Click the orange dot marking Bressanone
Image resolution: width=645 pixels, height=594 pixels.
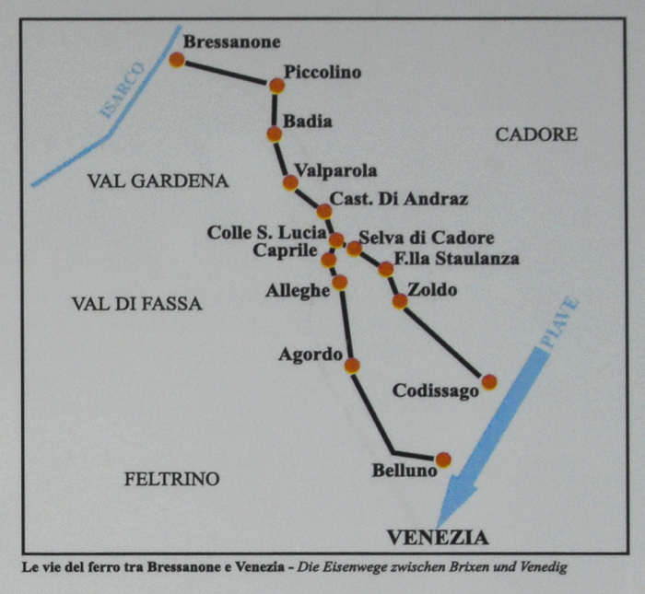(177, 60)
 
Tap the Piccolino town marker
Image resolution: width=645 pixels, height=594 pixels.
(276, 86)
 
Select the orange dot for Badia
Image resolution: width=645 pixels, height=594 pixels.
(274, 134)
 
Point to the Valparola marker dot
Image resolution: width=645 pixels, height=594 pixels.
(290, 182)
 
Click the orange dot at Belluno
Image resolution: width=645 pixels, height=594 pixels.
(443, 460)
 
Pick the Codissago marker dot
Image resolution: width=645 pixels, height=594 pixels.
(489, 381)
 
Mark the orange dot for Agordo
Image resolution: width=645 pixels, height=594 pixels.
(351, 366)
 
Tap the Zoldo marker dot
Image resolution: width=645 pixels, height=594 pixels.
(400, 300)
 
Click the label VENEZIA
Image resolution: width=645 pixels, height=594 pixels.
(437, 538)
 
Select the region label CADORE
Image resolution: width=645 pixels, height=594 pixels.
(536, 134)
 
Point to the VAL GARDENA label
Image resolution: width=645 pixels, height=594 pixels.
(158, 181)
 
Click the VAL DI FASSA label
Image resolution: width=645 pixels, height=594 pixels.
(136, 303)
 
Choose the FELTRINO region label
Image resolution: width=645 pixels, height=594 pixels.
(171, 479)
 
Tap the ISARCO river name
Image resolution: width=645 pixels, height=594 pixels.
(123, 92)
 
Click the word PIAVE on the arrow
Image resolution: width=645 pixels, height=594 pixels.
(559, 322)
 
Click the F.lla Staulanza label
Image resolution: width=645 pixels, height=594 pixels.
(456, 259)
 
